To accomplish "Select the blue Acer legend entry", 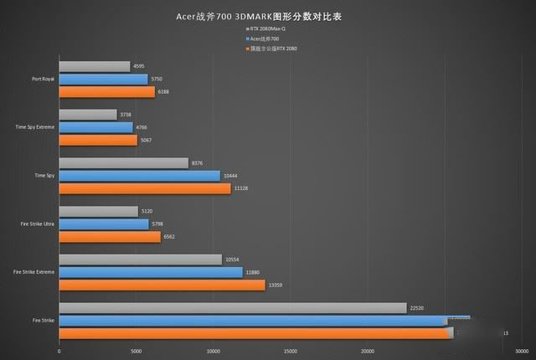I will pos(267,39).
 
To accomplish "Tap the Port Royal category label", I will pos(44,80).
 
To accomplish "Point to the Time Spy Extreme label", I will pos(36,128).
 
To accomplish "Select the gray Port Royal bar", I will pos(95,66).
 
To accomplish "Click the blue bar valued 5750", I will pos(103,79).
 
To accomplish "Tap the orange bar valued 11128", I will pos(145,188).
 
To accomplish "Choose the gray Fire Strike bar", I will pos(233,308).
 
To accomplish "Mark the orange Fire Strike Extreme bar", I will pos(162,285).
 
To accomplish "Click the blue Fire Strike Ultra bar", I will pos(104,224).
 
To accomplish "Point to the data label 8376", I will pos(198,163).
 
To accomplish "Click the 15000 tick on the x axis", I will pos(290,352).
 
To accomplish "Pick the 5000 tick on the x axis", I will pos(136,352).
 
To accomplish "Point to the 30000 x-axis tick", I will pos(521,352).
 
